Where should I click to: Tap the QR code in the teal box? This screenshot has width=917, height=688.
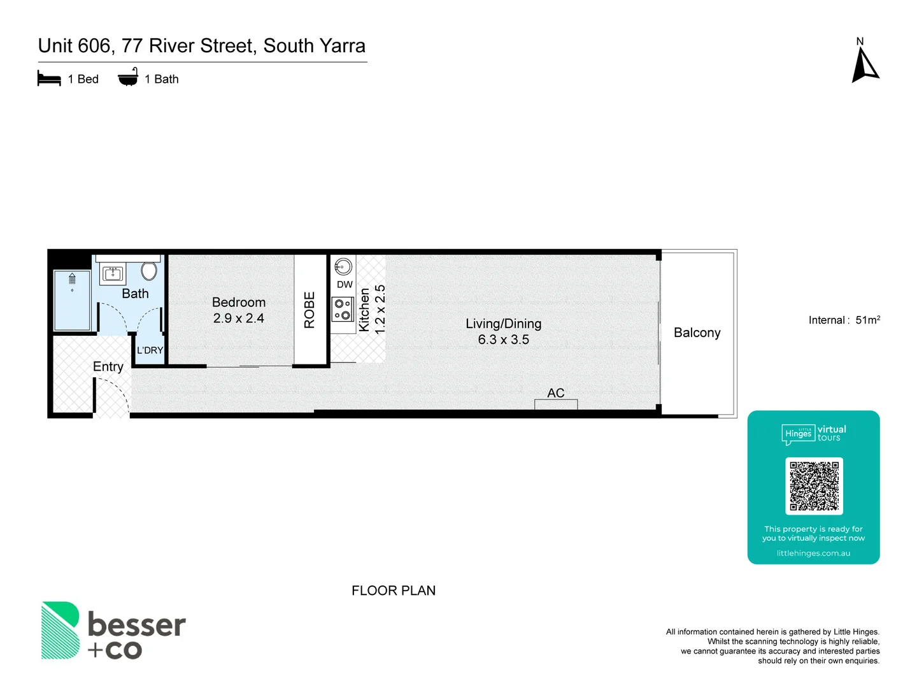(814, 486)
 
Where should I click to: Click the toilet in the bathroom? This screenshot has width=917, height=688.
(149, 271)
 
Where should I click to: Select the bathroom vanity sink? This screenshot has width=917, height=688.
(113, 274)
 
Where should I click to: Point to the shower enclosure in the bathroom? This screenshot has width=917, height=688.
(72, 300)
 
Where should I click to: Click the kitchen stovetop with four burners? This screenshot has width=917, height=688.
(343, 309)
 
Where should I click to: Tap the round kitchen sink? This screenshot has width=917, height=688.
(343, 266)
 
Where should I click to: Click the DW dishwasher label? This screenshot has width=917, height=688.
(345, 285)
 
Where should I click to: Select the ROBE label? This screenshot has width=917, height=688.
(310, 310)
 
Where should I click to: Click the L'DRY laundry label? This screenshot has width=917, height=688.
(150, 350)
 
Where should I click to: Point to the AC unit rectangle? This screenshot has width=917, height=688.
(556, 405)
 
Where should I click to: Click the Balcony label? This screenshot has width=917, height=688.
(697, 333)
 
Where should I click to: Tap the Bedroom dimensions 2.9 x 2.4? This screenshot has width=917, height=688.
(239, 318)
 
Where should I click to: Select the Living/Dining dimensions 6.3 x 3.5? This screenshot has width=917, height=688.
(503, 340)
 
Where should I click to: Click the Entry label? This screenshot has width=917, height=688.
(108, 366)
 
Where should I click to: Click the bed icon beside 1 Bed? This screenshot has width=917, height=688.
(49, 79)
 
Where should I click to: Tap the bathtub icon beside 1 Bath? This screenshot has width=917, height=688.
(128, 77)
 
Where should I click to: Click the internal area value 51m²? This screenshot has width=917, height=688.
(867, 320)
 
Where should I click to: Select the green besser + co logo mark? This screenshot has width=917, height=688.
(60, 630)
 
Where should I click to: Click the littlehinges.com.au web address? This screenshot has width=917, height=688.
(813, 553)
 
